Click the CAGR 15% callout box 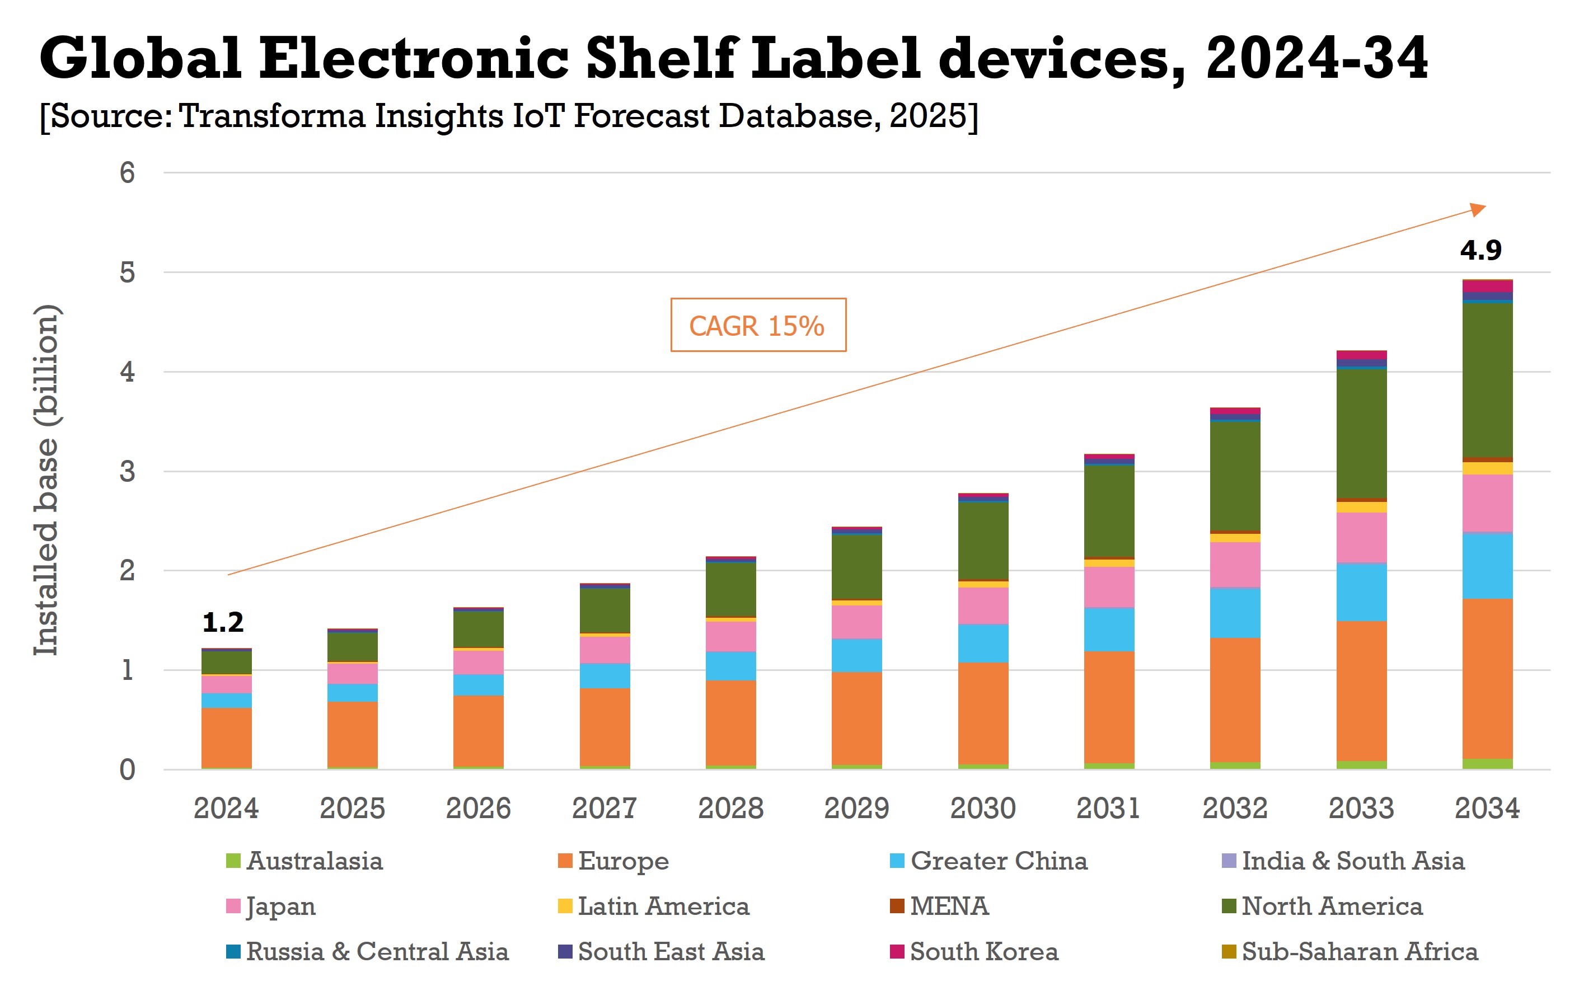tap(758, 325)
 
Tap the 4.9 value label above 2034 tap(1480, 250)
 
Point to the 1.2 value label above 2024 tap(223, 622)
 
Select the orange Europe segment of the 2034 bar tap(1487, 678)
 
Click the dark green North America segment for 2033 tap(1361, 433)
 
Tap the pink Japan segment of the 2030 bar tap(983, 605)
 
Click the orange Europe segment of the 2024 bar tap(226, 737)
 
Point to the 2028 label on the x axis tap(730, 809)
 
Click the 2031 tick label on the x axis tap(1109, 809)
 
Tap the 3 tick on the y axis tap(127, 471)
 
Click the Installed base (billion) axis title tap(46, 480)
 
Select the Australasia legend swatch tap(233, 861)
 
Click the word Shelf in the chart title tap(662, 58)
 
